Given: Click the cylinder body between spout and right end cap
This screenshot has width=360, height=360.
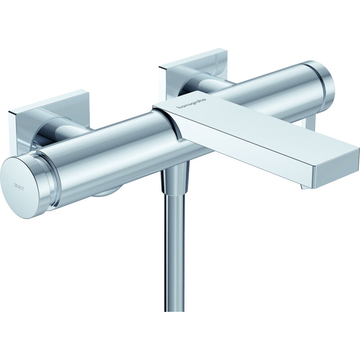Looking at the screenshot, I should (x=270, y=90).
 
